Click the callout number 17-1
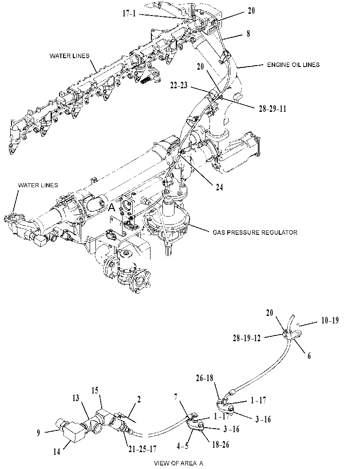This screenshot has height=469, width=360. (x=129, y=13)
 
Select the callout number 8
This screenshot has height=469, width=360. (x=249, y=34)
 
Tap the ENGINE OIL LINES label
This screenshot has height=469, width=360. (x=293, y=65)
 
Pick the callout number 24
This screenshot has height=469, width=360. (x=219, y=187)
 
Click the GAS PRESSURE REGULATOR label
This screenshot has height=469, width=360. (x=255, y=233)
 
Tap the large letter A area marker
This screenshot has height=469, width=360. (x=111, y=207)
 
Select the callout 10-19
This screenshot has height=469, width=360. (x=330, y=320)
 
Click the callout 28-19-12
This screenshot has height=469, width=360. (x=246, y=338)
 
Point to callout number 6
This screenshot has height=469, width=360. (x=309, y=355)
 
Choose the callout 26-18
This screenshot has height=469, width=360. (x=205, y=378)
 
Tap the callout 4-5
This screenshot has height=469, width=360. (x=182, y=446)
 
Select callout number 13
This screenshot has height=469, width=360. (x=76, y=398)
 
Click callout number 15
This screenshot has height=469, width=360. (x=95, y=391)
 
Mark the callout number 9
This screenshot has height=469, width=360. (x=38, y=433)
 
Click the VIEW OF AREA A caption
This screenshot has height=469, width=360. (x=178, y=463)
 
